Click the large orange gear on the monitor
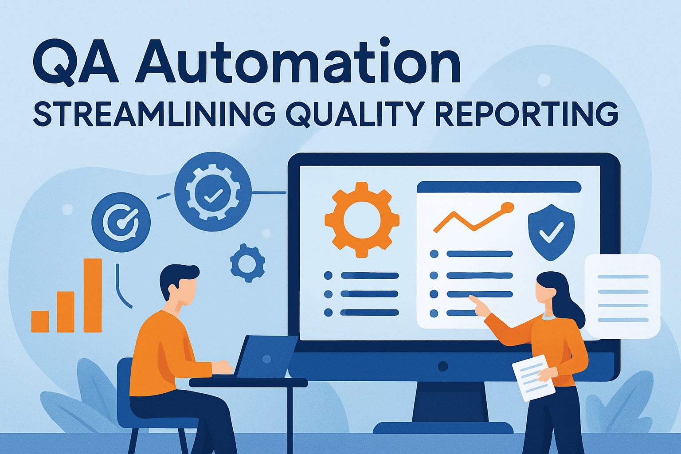tap(362, 219)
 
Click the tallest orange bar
tap(93, 295)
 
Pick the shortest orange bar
tap(40, 321)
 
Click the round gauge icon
tap(121, 222)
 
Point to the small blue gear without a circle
tap(247, 263)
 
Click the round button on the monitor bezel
tap(442, 366)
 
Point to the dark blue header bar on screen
tap(499, 187)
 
